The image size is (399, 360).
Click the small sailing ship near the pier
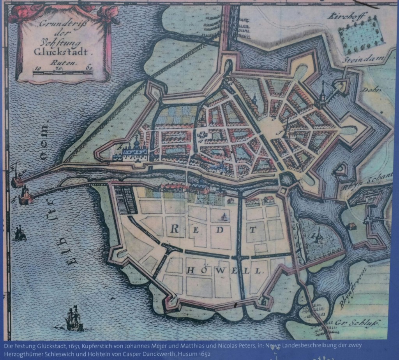pos(20,233)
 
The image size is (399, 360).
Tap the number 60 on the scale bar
pos(89,67)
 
